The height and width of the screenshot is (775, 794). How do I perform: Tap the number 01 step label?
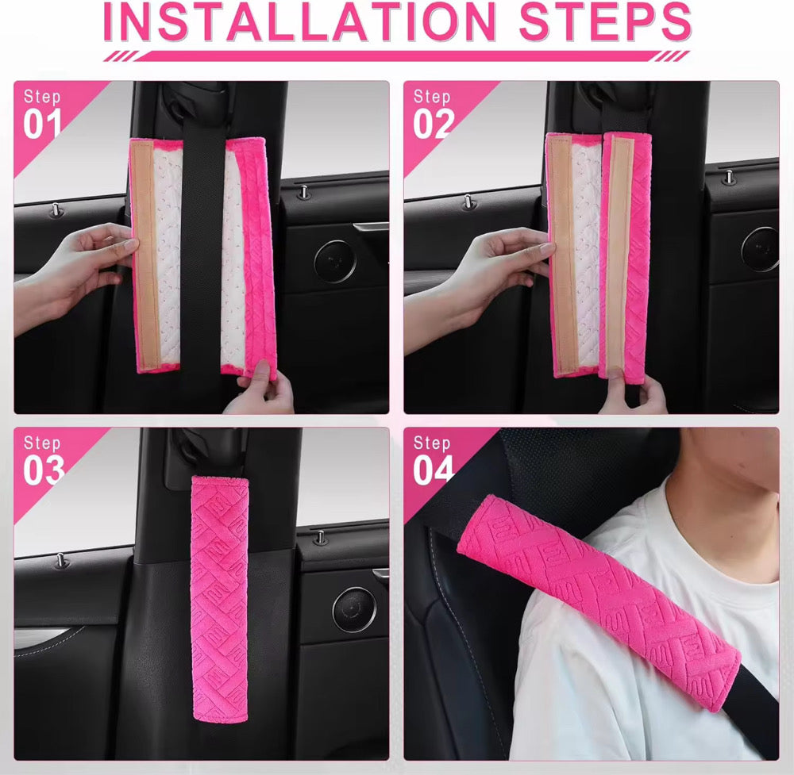click(42, 125)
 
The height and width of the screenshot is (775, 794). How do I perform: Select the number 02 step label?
click(434, 125)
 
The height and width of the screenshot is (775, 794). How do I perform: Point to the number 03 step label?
click(44, 470)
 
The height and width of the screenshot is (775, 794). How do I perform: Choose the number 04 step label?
click(434, 470)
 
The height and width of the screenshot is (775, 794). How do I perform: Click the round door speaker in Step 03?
click(354, 609)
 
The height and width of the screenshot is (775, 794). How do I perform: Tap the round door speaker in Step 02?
click(760, 249)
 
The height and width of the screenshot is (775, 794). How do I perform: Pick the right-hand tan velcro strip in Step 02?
click(619, 255)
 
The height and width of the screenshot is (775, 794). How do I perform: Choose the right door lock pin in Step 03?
click(320, 537)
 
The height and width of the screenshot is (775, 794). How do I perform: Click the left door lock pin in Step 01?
click(56, 210)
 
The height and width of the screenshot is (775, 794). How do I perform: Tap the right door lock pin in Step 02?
click(729, 177)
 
